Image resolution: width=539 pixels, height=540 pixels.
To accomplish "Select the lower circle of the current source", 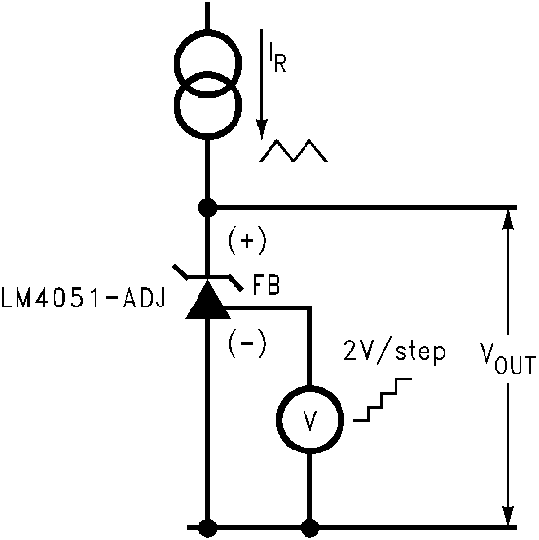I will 207,105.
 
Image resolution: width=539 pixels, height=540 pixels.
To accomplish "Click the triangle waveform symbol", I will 296,151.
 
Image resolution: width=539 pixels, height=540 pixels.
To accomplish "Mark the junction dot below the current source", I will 207,207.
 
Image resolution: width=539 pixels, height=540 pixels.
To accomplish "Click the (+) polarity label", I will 245,238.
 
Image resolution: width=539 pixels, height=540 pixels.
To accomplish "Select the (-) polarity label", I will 245,342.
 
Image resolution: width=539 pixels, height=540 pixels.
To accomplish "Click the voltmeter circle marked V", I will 310,419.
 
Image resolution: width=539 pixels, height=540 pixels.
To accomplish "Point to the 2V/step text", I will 393,350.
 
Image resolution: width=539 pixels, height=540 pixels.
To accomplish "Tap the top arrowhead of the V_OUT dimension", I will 507,219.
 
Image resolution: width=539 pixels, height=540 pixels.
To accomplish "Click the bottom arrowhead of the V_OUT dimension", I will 507,516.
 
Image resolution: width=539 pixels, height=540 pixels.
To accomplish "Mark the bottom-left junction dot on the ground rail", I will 207,527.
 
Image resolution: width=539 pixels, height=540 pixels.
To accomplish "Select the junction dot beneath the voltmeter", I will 310,527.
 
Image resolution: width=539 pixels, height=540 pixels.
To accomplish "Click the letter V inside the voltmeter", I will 310,420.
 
